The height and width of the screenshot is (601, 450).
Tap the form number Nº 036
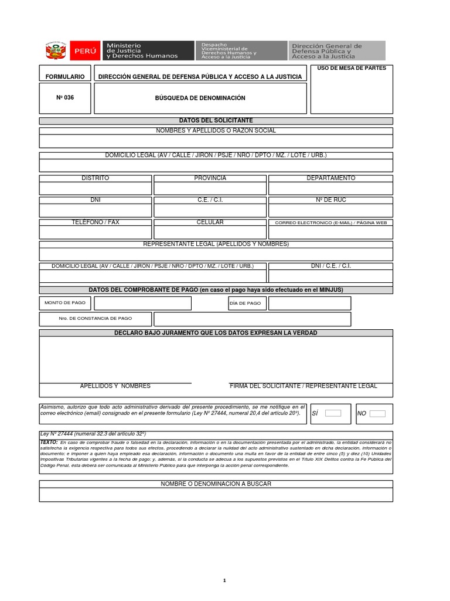(x=65, y=98)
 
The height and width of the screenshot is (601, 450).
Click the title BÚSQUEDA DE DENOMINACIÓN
(x=200, y=98)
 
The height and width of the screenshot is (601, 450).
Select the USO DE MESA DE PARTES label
(x=352, y=69)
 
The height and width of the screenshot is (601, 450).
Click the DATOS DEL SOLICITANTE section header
(x=216, y=120)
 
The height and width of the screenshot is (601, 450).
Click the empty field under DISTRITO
(x=95, y=188)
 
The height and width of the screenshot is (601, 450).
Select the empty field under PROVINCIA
(x=210, y=188)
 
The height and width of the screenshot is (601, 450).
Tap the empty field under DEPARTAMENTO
(x=330, y=188)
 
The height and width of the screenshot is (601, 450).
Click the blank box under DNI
(x=95, y=211)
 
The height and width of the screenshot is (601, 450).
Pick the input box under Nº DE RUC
(x=330, y=211)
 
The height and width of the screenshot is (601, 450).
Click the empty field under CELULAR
(x=210, y=232)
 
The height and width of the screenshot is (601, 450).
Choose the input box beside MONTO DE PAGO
(x=142, y=303)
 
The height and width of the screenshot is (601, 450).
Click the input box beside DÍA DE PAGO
(x=309, y=303)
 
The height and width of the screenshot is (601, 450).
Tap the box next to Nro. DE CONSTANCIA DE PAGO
(x=252, y=319)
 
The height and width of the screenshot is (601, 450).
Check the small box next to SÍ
(x=333, y=413)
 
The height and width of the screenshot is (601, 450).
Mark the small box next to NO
(x=377, y=413)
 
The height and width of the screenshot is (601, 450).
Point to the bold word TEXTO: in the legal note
(x=49, y=441)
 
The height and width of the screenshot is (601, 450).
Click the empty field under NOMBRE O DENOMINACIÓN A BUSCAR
(x=216, y=495)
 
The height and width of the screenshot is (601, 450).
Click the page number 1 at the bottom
(x=224, y=580)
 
